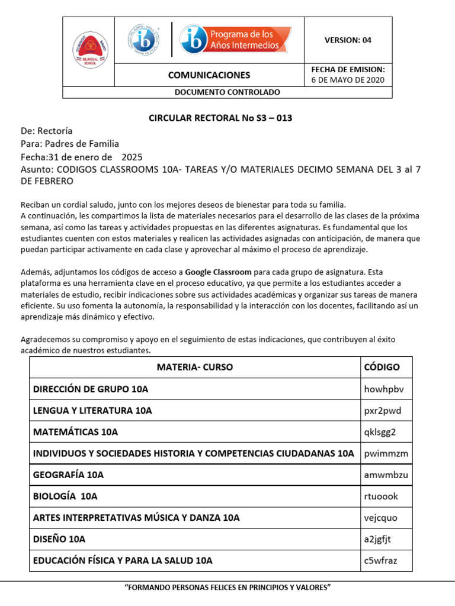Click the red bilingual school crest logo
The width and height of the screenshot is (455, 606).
88,51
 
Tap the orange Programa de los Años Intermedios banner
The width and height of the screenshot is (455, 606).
236,40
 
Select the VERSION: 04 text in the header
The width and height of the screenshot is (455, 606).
348,40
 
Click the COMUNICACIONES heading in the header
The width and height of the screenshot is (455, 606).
209,75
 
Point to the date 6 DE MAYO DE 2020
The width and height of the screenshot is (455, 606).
348,80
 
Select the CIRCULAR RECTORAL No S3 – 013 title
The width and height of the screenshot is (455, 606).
220,118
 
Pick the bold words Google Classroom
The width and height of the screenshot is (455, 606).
219,272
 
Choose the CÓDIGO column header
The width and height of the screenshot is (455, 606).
382,367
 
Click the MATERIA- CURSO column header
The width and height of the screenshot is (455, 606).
194,367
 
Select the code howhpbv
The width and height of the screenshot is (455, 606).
384,389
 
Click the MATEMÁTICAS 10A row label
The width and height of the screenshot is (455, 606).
75,432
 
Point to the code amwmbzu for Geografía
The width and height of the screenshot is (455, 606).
386,475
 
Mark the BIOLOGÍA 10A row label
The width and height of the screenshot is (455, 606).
65,496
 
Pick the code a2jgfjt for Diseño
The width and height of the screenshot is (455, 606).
377,539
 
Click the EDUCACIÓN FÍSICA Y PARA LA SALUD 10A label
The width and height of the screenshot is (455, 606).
123,560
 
